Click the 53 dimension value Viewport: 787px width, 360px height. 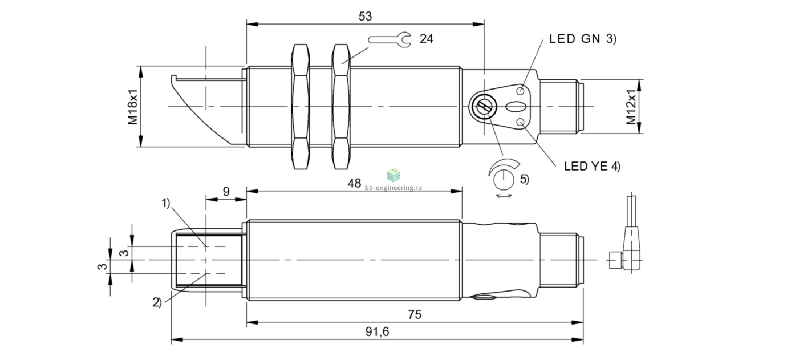pyautogui.click(x=365, y=16)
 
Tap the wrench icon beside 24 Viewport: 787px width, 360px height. pyautogui.click(x=390, y=40)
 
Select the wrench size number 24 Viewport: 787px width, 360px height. pyautogui.click(x=426, y=39)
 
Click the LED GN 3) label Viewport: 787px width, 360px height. pyautogui.click(x=583, y=39)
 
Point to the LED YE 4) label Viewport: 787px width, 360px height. pyautogui.click(x=593, y=166)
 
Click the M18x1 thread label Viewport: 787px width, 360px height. pyautogui.click(x=133, y=107)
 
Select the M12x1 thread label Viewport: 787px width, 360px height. pyautogui.click(x=631, y=107)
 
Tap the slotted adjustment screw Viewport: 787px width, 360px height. pyautogui.click(x=483, y=106)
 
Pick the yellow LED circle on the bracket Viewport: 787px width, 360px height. pyautogui.click(x=521, y=122)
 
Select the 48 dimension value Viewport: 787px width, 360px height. pyautogui.click(x=354, y=183)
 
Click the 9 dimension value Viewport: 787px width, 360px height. pyautogui.click(x=226, y=192)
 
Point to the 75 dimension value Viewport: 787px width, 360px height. pyautogui.click(x=415, y=314)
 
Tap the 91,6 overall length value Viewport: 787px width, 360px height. pyautogui.click(x=378, y=331)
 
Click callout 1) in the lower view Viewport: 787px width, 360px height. pyautogui.click(x=165, y=203)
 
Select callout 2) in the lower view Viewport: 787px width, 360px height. pyautogui.click(x=157, y=302)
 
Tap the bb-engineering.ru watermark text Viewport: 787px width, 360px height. pyautogui.click(x=393, y=188)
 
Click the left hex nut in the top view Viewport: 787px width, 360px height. pyautogui.click(x=301, y=107)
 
